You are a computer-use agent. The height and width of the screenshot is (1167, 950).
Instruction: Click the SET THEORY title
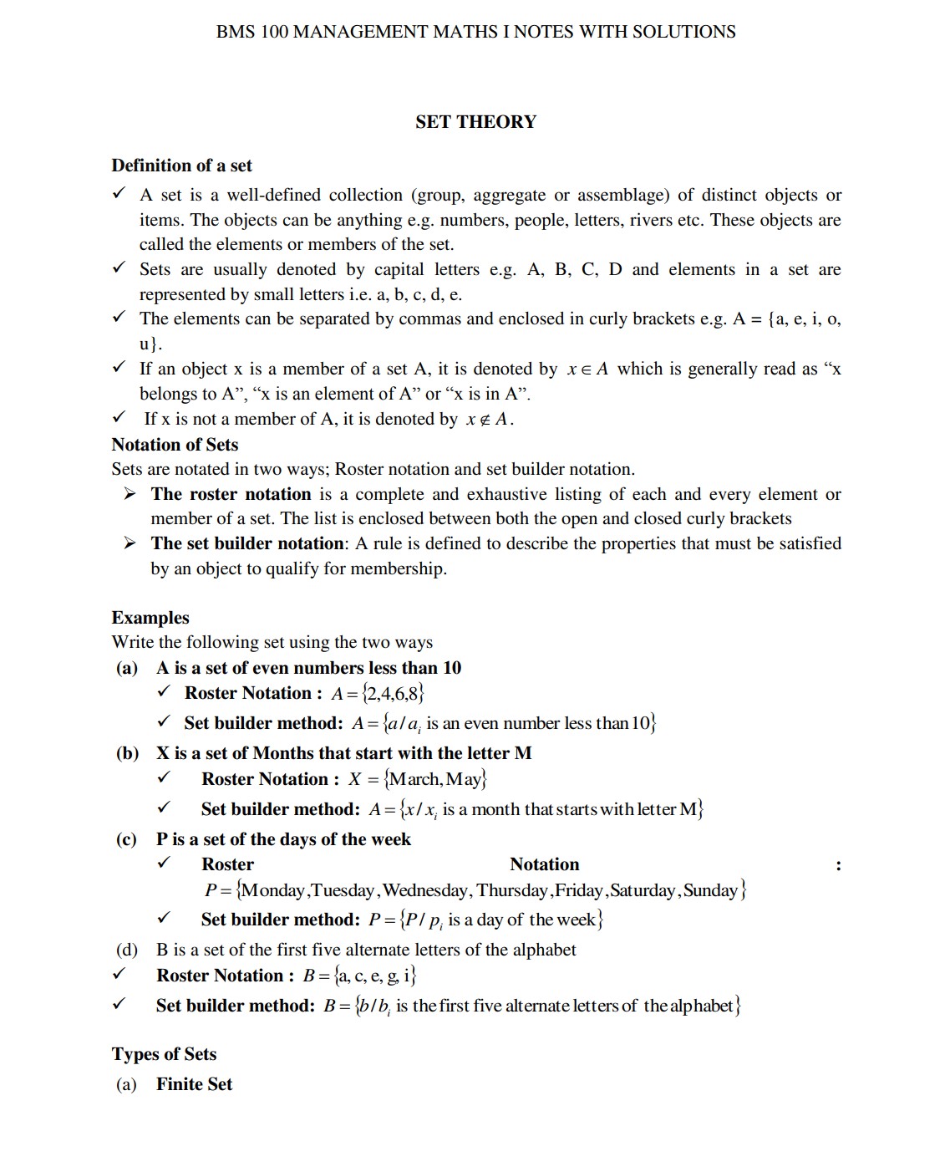coord(475,122)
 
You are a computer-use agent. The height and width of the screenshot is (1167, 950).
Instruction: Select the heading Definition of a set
coord(181,166)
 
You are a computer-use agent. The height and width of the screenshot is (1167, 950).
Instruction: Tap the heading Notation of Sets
coord(175,445)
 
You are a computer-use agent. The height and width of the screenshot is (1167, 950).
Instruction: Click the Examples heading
coord(150,618)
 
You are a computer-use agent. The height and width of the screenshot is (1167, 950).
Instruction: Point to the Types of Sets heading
coord(164,1054)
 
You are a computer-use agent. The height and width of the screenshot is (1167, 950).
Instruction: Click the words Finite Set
coord(194,1084)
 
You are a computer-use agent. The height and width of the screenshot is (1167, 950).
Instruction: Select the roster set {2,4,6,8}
coord(394,693)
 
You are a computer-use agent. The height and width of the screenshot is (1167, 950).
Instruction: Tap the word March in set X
coord(414,779)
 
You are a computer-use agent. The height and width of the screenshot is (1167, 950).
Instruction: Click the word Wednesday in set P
coord(425,890)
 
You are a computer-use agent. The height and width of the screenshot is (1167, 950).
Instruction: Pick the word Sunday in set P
coord(710,890)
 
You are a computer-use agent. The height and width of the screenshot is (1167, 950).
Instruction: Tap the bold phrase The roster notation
coord(231,494)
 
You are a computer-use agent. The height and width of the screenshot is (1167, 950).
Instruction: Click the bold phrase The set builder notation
coord(247,543)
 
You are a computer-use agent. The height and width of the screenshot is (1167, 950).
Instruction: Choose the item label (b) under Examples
coord(127,753)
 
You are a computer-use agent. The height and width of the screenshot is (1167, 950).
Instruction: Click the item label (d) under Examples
coord(127,950)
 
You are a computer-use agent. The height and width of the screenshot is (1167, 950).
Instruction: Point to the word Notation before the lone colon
coord(544,864)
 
